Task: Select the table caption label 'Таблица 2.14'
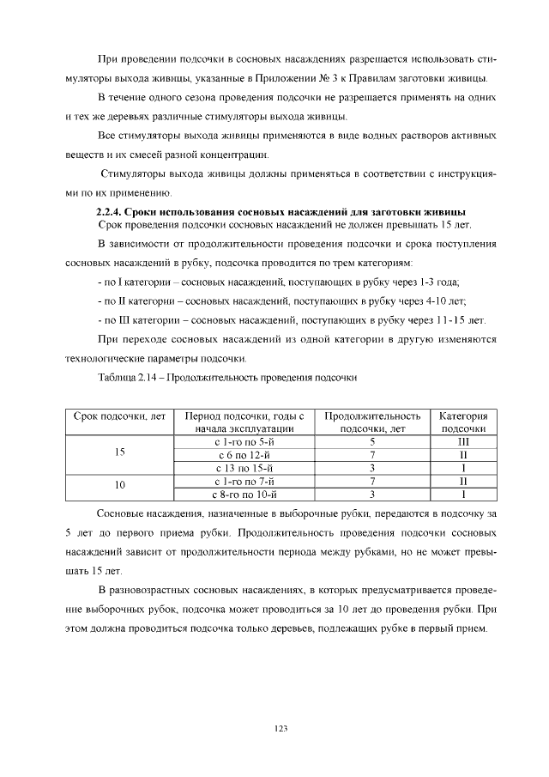(x=130, y=377)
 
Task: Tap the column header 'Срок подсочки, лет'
(x=120, y=415)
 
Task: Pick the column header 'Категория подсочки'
(x=463, y=421)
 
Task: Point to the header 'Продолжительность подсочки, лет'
(x=372, y=421)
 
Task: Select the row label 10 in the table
(x=120, y=486)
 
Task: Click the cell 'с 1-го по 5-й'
(x=244, y=441)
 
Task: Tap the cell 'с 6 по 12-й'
(x=244, y=454)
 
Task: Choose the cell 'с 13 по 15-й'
(x=244, y=468)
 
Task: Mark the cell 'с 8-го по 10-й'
(x=244, y=495)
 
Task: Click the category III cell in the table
(x=463, y=441)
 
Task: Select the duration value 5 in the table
(x=372, y=441)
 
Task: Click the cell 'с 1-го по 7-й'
(x=244, y=481)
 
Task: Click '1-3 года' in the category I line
(x=437, y=282)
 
